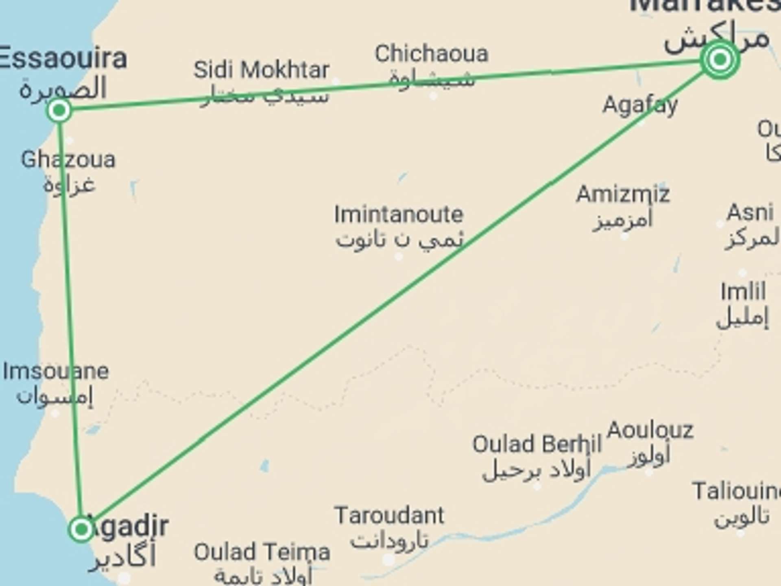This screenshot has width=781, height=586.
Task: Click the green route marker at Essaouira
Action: (x=59, y=110)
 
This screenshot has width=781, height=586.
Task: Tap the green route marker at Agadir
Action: (x=81, y=529)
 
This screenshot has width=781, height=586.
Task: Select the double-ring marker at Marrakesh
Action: (x=720, y=60)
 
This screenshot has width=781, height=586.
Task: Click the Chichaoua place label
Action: (x=431, y=54)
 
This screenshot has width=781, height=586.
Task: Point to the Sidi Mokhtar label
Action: (x=261, y=70)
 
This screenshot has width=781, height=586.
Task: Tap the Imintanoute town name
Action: (x=399, y=214)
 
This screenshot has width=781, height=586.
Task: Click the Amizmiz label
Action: (x=623, y=194)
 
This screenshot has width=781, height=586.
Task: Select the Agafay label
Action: (x=640, y=105)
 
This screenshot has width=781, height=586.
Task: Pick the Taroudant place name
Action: (x=389, y=516)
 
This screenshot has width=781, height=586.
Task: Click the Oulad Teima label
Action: (x=262, y=552)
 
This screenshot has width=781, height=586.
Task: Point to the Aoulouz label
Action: (x=650, y=430)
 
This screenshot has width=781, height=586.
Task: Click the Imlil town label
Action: (x=743, y=291)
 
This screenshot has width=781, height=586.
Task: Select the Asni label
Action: (x=750, y=212)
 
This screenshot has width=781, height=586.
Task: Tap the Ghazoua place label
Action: (x=68, y=160)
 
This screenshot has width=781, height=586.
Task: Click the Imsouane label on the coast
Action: (x=56, y=371)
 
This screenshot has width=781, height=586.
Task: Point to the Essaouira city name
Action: (x=63, y=59)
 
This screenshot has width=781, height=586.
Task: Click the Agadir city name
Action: (x=130, y=526)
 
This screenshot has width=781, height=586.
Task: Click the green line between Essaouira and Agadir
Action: (x=70, y=317)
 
